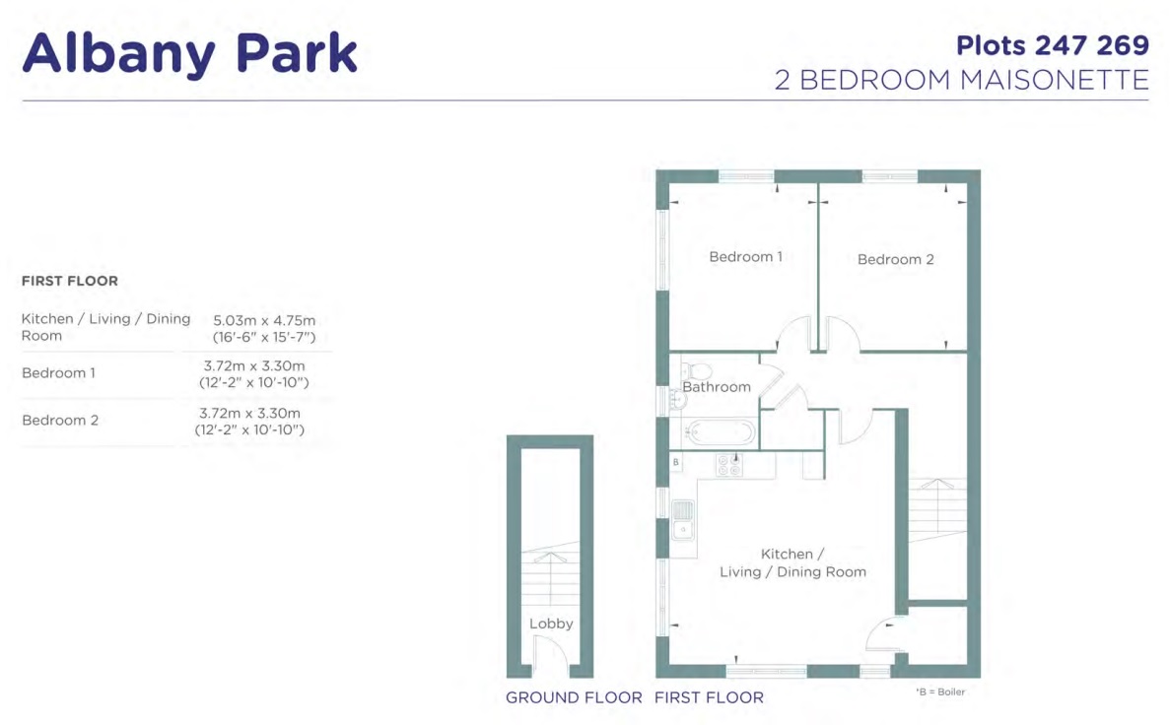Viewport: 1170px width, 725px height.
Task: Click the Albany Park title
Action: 189,54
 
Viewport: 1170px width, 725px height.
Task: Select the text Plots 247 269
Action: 1053,45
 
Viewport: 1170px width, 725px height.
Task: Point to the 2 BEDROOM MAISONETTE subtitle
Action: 962,80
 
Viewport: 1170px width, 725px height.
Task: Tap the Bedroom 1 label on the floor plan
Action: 745,256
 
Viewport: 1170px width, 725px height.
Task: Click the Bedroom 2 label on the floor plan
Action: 895,260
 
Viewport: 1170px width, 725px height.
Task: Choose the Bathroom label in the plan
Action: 717,386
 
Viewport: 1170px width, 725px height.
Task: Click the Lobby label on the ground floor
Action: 551,624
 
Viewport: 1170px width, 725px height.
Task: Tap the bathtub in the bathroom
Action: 721,431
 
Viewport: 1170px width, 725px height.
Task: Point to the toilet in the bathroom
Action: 697,370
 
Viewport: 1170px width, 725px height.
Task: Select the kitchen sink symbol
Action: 683,520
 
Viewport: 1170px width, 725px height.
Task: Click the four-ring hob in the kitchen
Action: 728,465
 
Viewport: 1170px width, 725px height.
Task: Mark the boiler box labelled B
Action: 676,462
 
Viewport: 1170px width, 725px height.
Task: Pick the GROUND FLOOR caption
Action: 574,697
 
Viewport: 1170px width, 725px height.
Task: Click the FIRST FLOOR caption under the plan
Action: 709,697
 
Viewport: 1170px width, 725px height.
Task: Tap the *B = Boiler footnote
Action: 940,692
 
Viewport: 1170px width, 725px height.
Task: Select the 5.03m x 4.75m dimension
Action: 264,321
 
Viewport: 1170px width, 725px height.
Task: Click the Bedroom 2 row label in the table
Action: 60,420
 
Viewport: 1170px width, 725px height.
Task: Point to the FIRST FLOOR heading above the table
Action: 69,281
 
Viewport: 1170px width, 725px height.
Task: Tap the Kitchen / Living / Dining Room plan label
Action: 792,563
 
